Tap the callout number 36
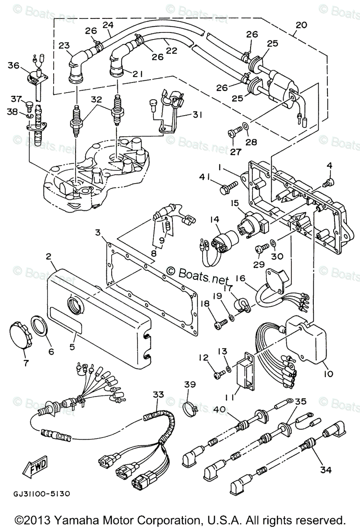click(14, 65)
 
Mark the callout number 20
click(301, 25)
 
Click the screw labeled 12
click(218, 374)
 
